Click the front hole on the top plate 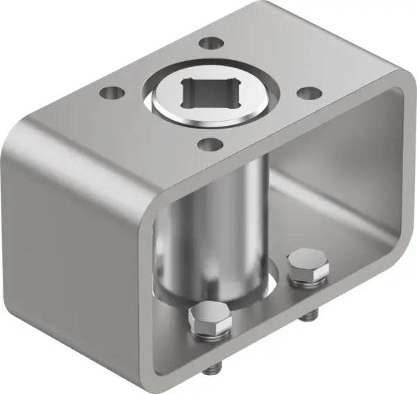pyautogui.click(x=206, y=144)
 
